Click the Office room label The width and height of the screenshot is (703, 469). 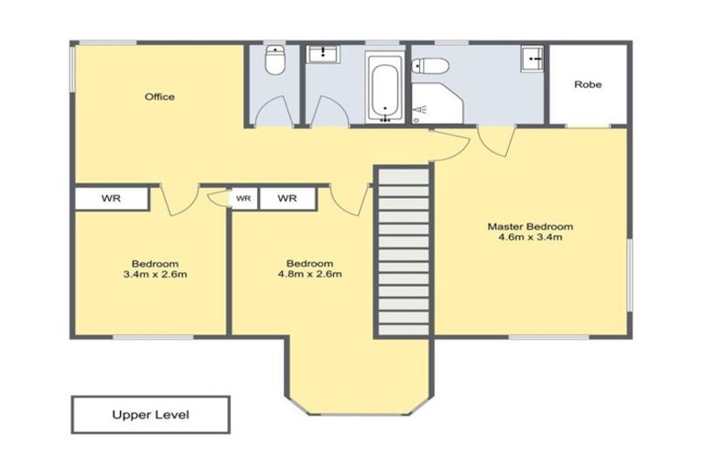click(x=159, y=96)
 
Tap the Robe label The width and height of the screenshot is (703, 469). click(x=588, y=84)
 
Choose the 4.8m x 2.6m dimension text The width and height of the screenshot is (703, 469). click(x=309, y=273)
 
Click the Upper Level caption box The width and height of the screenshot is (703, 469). click(x=150, y=414)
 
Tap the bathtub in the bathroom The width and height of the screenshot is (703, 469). click(x=384, y=88)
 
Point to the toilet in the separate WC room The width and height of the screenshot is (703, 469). click(x=273, y=63)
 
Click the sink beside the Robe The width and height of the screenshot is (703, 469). click(x=533, y=60)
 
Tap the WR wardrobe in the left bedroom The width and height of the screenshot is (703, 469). click(x=111, y=198)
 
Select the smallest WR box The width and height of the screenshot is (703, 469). click(x=243, y=198)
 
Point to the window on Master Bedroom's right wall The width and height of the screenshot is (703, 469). click(x=630, y=275)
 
